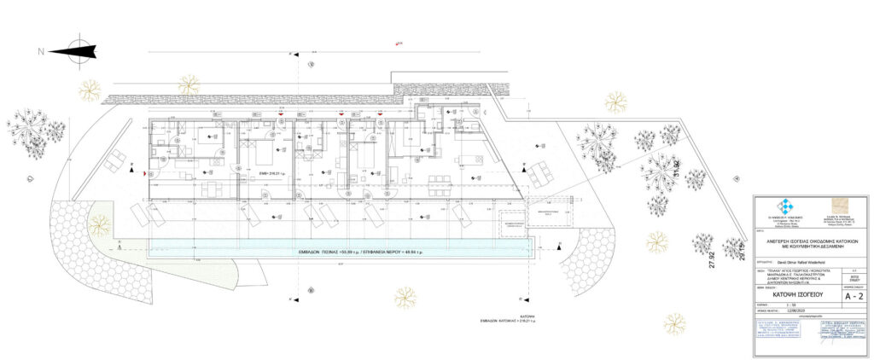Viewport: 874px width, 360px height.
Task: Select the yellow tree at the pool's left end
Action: click(x=100, y=225)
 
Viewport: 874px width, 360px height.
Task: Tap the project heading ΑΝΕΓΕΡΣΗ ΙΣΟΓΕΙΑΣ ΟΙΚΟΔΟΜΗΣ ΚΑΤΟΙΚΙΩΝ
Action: click(x=810, y=241)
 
